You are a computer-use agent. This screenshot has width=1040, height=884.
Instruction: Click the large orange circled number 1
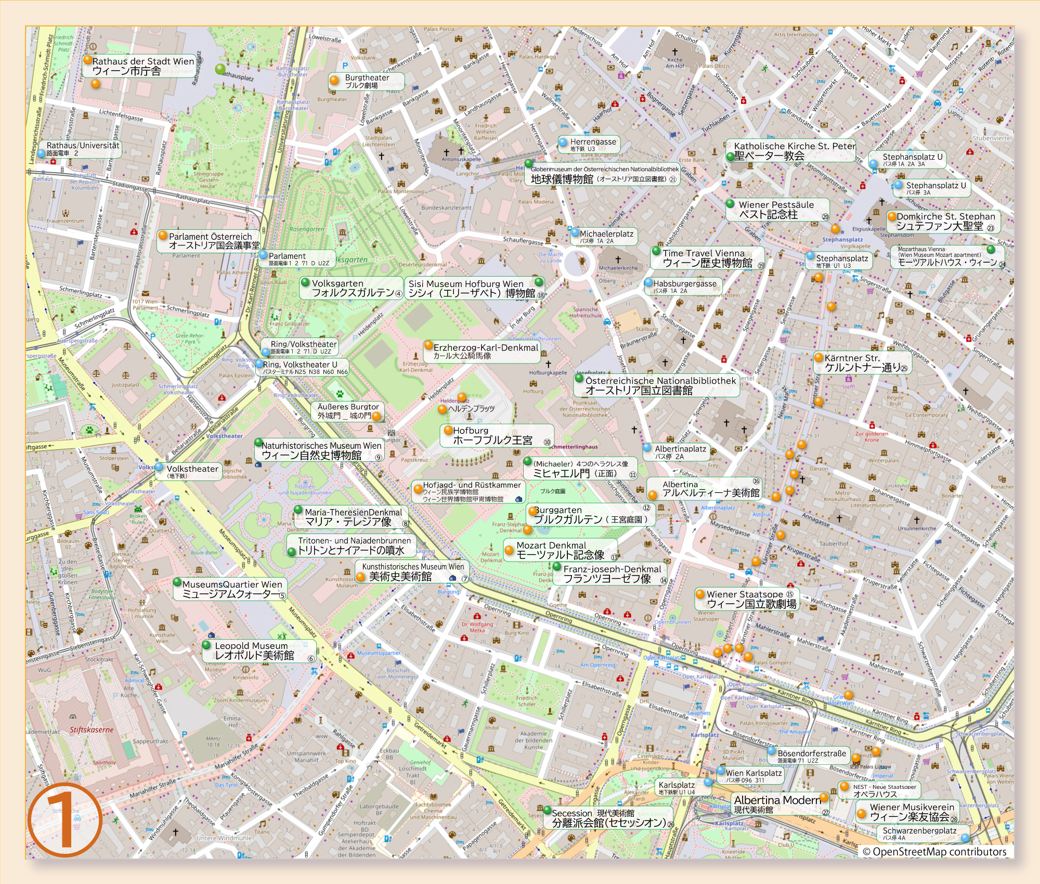(x=64, y=821)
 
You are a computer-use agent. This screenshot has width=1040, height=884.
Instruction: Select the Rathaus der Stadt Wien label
(x=143, y=66)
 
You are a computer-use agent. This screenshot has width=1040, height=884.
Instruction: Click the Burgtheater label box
(x=367, y=81)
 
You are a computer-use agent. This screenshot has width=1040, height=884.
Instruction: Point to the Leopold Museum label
(x=258, y=651)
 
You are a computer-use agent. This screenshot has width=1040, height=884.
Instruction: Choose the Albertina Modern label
(x=777, y=804)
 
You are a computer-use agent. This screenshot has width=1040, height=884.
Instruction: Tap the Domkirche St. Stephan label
(x=945, y=222)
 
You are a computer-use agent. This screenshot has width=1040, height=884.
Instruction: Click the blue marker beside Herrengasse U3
(x=563, y=141)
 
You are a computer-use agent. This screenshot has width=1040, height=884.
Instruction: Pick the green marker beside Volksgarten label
(x=305, y=283)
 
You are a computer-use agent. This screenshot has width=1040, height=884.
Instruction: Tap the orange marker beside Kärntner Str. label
(x=818, y=358)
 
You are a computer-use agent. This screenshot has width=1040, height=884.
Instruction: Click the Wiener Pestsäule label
(x=776, y=210)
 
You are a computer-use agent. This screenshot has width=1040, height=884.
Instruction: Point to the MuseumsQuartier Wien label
(x=232, y=589)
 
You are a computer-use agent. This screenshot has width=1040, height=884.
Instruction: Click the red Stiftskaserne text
(x=92, y=730)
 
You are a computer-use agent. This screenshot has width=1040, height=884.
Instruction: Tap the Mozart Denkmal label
(x=560, y=550)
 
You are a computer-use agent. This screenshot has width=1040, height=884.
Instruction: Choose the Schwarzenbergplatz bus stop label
(x=919, y=833)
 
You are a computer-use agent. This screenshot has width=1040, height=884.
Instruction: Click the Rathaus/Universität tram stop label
(x=83, y=149)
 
